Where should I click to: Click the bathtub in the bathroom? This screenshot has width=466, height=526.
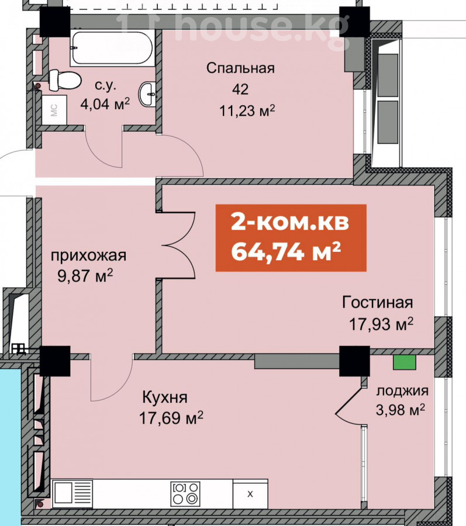[112, 48]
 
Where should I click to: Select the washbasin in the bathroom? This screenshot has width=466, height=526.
[147, 94]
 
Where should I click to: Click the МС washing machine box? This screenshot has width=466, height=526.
[54, 110]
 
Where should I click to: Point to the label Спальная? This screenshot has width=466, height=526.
[240, 68]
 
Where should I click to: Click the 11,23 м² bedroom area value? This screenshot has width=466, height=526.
[247, 110]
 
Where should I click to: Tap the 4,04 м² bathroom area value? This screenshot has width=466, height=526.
[105, 104]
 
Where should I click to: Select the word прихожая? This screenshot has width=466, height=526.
[88, 256]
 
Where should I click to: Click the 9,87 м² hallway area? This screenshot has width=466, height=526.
[85, 277]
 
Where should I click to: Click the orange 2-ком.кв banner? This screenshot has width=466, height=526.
[291, 237]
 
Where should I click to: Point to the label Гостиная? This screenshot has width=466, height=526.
[378, 303]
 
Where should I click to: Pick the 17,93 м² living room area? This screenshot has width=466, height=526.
[381, 324]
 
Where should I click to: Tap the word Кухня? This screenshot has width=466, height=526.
[165, 397]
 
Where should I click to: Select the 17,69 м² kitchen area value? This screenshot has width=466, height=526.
[171, 418]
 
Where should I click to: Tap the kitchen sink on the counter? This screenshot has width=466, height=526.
[73, 493]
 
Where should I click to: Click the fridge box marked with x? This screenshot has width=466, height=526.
[250, 494]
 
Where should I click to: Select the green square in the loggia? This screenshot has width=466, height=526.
[405, 362]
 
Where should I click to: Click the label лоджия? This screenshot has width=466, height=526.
[402, 391]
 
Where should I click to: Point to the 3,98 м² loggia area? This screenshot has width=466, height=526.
[401, 410]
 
